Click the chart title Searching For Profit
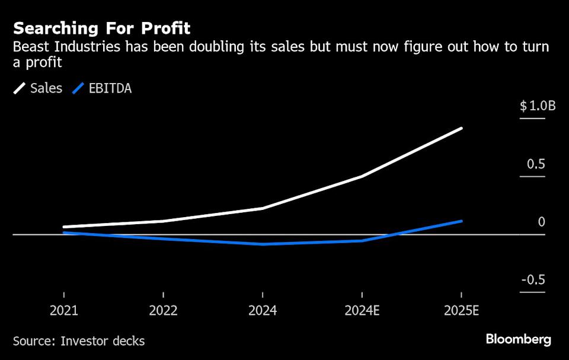(x=101, y=28)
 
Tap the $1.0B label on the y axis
(x=538, y=106)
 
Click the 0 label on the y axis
(x=541, y=222)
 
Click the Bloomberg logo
(x=519, y=340)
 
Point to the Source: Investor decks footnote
(x=79, y=341)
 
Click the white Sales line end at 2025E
(x=461, y=128)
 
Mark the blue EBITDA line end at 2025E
(x=461, y=221)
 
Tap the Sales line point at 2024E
(x=362, y=176)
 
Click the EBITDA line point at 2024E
(x=362, y=241)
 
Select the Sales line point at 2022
(x=162, y=221)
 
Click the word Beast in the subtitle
(x=29, y=48)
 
